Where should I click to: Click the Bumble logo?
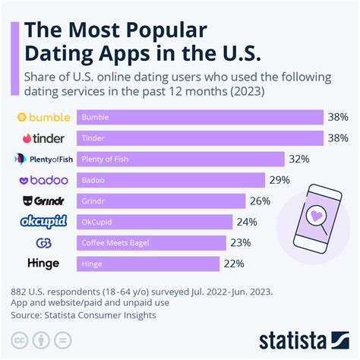(x=43, y=118)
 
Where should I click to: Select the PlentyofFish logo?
(x=43, y=159)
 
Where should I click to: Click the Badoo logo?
(x=43, y=180)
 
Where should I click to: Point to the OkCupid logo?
(x=43, y=222)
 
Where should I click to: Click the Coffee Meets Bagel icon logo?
(x=43, y=243)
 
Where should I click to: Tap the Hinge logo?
(x=43, y=264)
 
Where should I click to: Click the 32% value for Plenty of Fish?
(x=297, y=159)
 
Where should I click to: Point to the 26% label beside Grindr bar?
(x=259, y=201)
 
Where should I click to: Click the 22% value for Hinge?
(x=233, y=264)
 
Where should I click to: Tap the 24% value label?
(x=246, y=222)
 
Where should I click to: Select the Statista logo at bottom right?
(x=304, y=338)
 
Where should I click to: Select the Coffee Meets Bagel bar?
(x=150, y=243)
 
